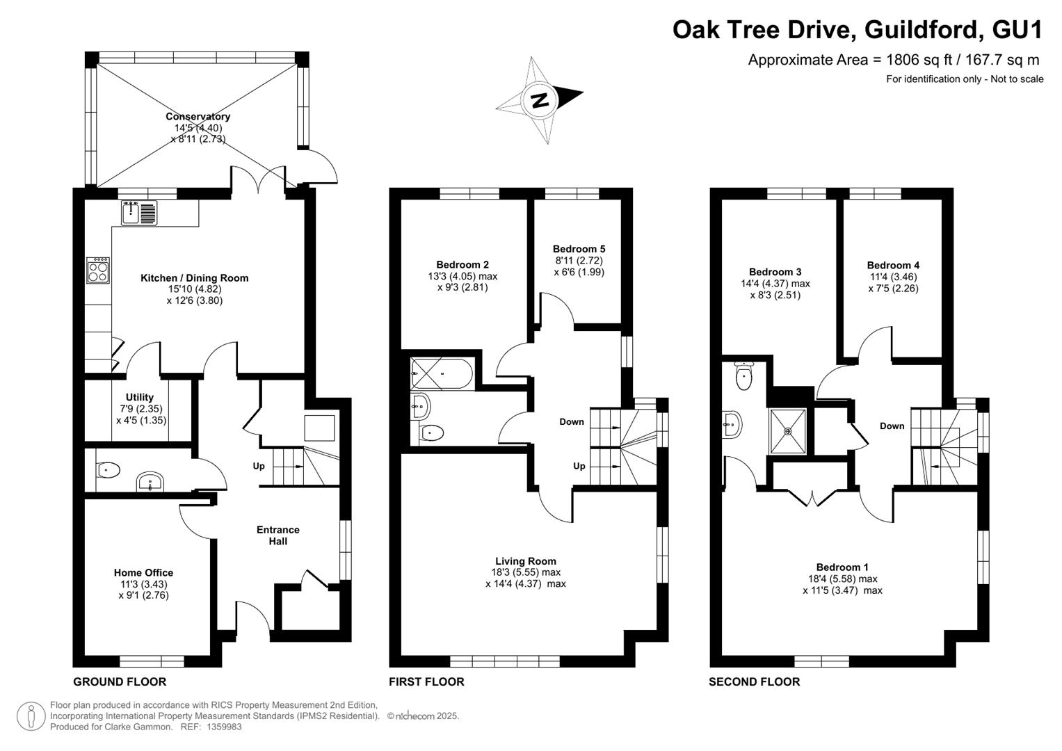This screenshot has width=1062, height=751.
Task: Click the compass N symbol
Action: pos(540,101)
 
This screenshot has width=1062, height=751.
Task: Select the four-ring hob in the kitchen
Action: pos(98,270)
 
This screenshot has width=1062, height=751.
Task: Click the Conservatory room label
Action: pos(198,116)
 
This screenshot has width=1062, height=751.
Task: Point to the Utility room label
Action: pos(139,397)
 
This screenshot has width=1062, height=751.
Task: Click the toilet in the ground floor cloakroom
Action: pos(108,471)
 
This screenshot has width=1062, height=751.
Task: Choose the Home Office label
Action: pos(144,573)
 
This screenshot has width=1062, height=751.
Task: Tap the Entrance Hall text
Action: pos(277,535)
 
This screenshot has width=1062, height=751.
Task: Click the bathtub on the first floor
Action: pos(442,373)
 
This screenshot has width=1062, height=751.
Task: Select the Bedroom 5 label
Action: pos(579,249)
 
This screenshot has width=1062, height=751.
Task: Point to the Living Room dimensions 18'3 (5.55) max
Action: pos(526,572)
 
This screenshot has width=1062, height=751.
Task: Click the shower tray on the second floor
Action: pos(788,431)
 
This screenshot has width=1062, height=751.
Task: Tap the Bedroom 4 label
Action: pos(893,265)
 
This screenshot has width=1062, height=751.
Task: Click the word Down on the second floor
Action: pos(892,426)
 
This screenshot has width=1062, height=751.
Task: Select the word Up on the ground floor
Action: pos(259,466)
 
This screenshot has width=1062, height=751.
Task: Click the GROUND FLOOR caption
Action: pos(120,681)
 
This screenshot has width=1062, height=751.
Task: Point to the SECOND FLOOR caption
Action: pos(755,681)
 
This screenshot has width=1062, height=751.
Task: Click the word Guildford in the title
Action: pos(922,30)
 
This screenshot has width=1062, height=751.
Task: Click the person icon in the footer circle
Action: pos(31,716)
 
